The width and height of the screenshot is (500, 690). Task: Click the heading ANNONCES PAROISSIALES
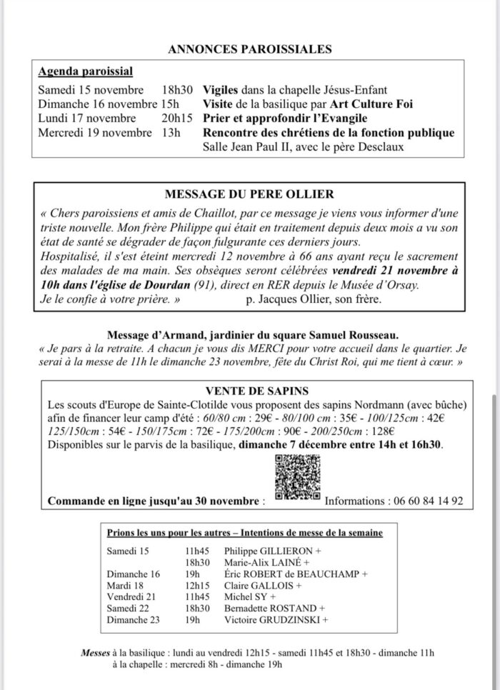250,49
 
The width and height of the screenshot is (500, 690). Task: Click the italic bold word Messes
95,652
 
